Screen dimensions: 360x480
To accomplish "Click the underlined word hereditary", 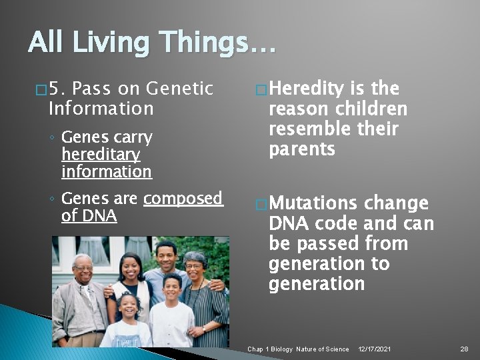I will pyautogui.click(x=101, y=155).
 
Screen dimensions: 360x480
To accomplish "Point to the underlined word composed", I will pyautogui.click(x=183, y=199).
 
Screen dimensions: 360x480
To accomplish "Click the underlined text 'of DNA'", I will pyautogui.click(x=89, y=216).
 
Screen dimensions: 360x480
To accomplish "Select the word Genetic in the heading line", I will pyautogui.click(x=178, y=89).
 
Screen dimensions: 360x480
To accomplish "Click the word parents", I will pyautogui.click(x=301, y=149).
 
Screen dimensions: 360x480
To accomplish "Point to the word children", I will pyautogui.click(x=371, y=109).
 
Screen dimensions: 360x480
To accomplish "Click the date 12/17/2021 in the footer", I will pyautogui.click(x=375, y=349).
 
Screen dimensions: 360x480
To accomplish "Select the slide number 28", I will pyautogui.click(x=464, y=349).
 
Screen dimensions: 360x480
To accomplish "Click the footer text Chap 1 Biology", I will pyautogui.click(x=270, y=349).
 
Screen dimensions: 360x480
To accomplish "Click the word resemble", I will pyautogui.click(x=307, y=129).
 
